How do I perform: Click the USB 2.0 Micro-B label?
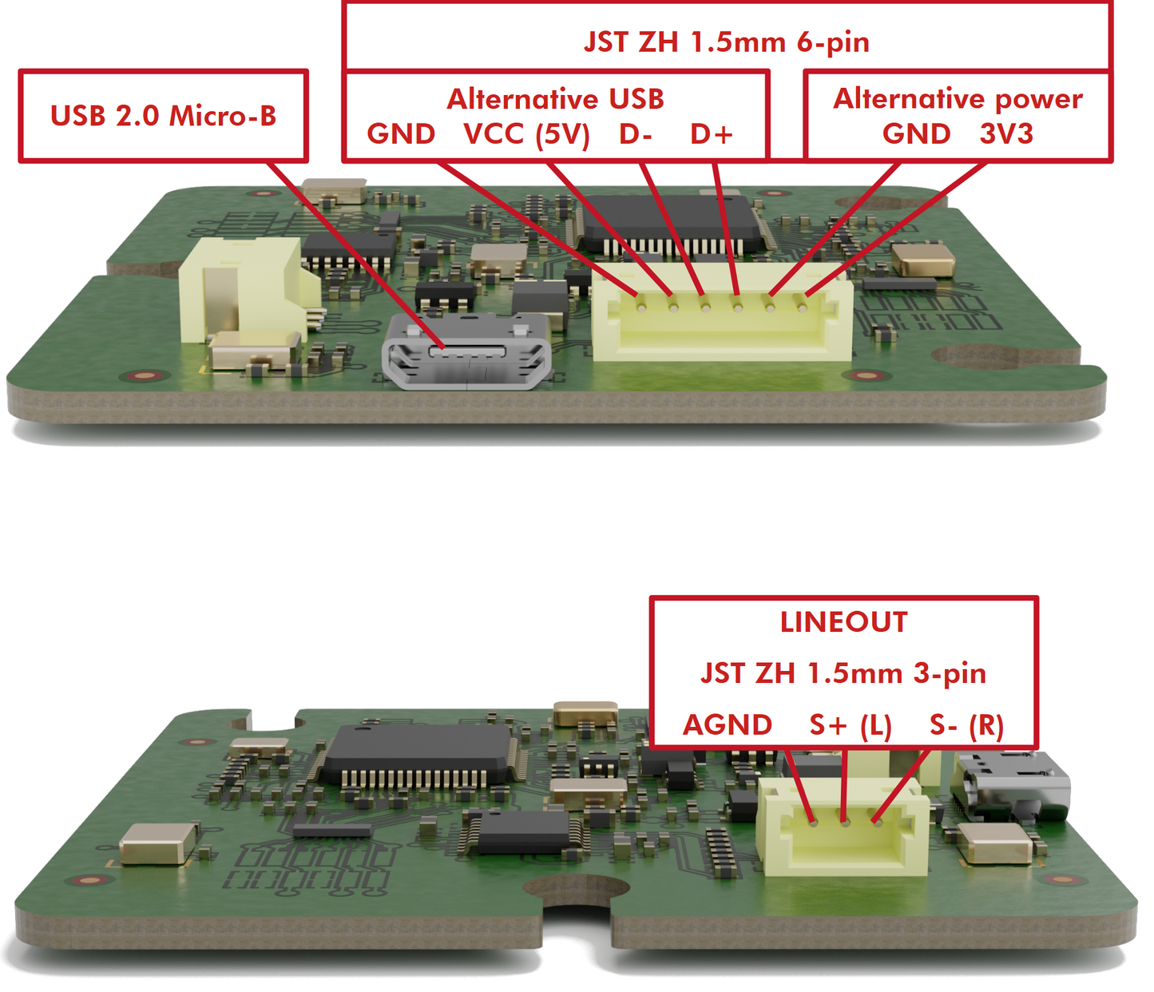[163, 116]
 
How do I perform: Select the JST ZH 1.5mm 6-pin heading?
[727, 42]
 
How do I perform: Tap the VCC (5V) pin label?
[526, 134]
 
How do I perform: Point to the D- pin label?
[636, 134]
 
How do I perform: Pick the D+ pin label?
[712, 134]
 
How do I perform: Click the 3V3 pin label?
[1006, 134]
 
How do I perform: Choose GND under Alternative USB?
[401, 134]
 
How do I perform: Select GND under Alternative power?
[916, 134]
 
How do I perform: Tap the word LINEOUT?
[843, 622]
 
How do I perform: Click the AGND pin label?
[728, 725]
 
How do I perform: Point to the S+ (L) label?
[851, 726]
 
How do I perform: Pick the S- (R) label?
[966, 726]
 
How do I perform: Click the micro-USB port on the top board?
[466, 351]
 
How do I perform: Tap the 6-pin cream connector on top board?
[722, 318]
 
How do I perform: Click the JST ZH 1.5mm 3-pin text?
[843, 674]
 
